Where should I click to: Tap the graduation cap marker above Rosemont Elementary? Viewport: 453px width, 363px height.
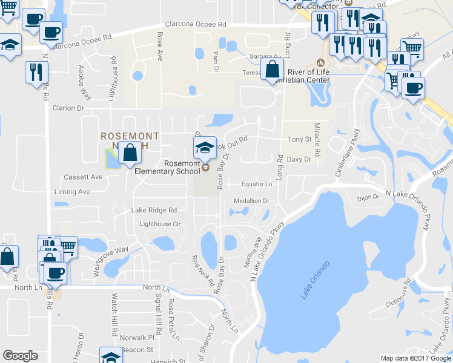point(205,148)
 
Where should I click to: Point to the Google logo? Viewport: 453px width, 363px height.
point(20,356)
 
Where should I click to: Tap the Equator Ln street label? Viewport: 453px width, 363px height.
point(257,184)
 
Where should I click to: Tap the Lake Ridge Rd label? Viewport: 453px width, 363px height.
point(154,210)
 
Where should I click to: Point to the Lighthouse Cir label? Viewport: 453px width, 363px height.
point(160,224)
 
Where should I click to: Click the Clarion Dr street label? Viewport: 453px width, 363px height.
point(67,108)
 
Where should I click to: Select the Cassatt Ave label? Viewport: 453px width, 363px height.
point(84,177)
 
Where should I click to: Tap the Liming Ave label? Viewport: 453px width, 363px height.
point(72,192)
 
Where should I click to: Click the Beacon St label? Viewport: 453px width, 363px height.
point(137,350)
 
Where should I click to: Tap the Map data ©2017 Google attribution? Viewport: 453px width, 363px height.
point(416,358)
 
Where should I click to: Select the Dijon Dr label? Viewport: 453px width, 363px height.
point(367,197)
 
